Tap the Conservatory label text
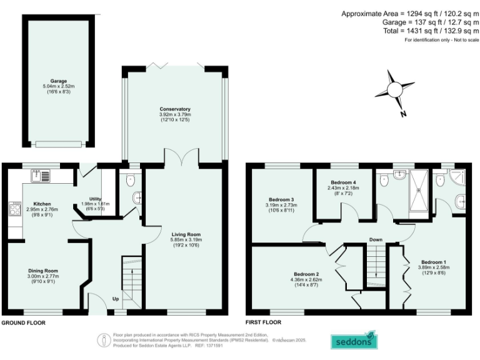coord(174,109)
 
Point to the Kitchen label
coord(42,204)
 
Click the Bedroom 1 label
coord(434,262)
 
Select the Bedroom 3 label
coord(281,200)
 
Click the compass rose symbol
coord(394,91)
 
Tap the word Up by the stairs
coord(115,299)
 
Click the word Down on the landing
coord(376,239)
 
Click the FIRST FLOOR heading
coord(263,323)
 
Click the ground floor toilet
coord(130,181)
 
